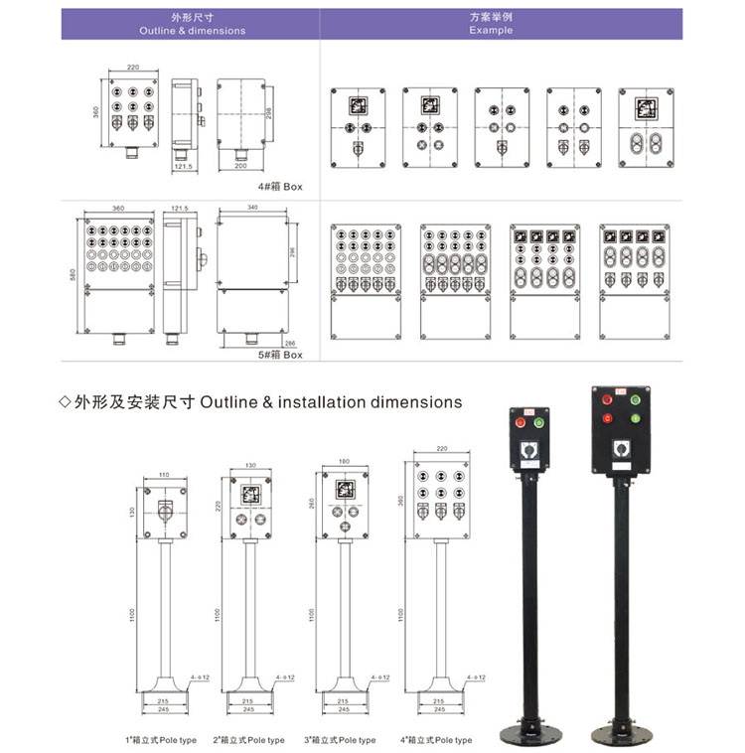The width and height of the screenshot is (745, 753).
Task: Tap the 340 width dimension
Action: [252, 209]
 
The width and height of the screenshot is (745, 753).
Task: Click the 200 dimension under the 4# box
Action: [240, 167]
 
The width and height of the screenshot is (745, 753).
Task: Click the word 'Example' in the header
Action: [491, 31]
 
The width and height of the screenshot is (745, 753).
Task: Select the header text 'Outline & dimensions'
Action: [193, 31]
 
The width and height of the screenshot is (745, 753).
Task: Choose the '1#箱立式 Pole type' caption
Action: [161, 740]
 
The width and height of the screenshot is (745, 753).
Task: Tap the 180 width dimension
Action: [344, 462]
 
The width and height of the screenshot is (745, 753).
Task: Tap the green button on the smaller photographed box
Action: [539, 422]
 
